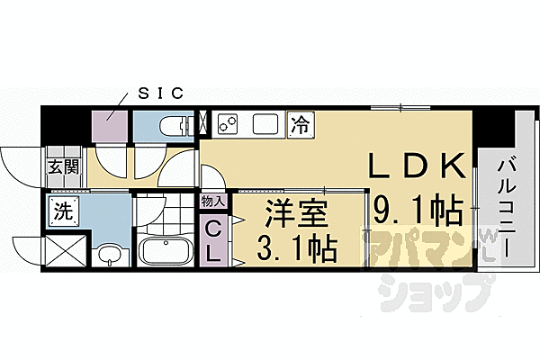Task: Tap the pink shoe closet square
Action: pyautogui.click(x=111, y=125)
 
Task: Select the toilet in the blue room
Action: pyautogui.click(x=170, y=125)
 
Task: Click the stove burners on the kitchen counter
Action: pyautogui.click(x=226, y=123)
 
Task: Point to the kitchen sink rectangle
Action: pyautogui.click(x=267, y=123)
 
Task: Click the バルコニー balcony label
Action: pyautogui.click(x=505, y=206)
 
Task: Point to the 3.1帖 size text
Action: pyautogui.click(x=288, y=245)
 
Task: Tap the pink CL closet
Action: pyautogui.click(x=212, y=240)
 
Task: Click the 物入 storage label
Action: pyautogui.click(x=212, y=203)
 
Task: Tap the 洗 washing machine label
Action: pyautogui.click(x=63, y=214)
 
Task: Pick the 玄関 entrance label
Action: pyautogui.click(x=63, y=166)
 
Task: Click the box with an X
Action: pyautogui.click(x=65, y=250)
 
